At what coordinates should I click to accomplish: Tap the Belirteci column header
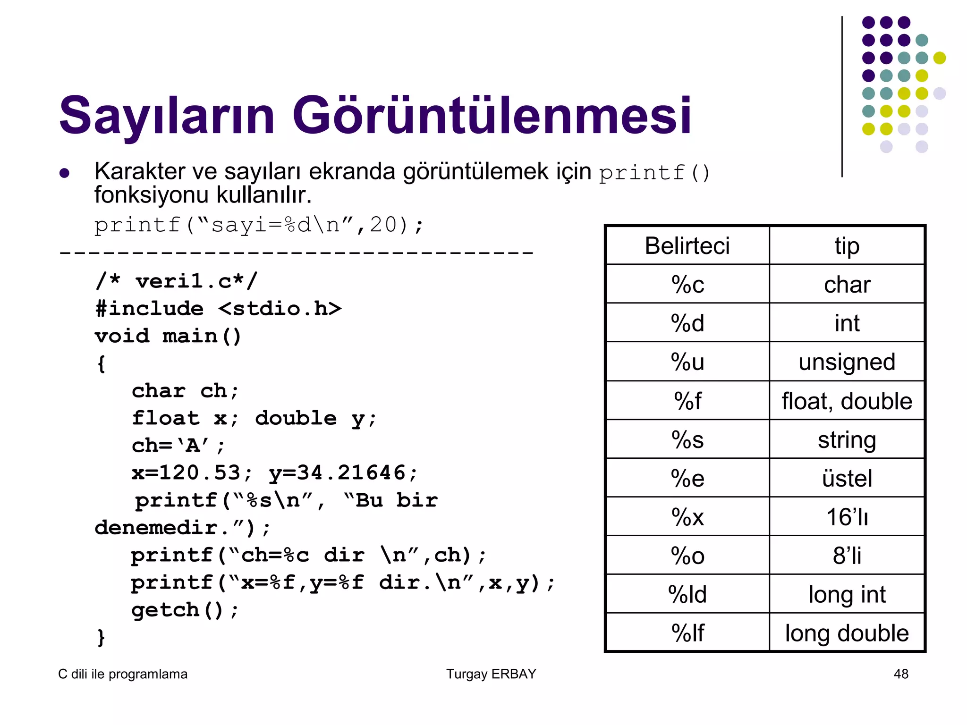click(687, 246)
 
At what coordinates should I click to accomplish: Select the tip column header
click(847, 246)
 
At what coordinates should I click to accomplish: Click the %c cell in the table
click(687, 285)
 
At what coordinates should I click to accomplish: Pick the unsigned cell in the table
click(847, 362)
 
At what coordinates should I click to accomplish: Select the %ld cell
click(687, 594)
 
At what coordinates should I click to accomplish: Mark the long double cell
click(847, 633)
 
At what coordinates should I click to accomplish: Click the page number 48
click(900, 674)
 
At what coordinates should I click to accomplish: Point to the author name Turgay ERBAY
click(491, 674)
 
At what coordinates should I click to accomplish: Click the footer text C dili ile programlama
click(123, 674)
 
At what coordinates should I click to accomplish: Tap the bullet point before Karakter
click(65, 173)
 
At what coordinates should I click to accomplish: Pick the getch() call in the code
click(177, 610)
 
